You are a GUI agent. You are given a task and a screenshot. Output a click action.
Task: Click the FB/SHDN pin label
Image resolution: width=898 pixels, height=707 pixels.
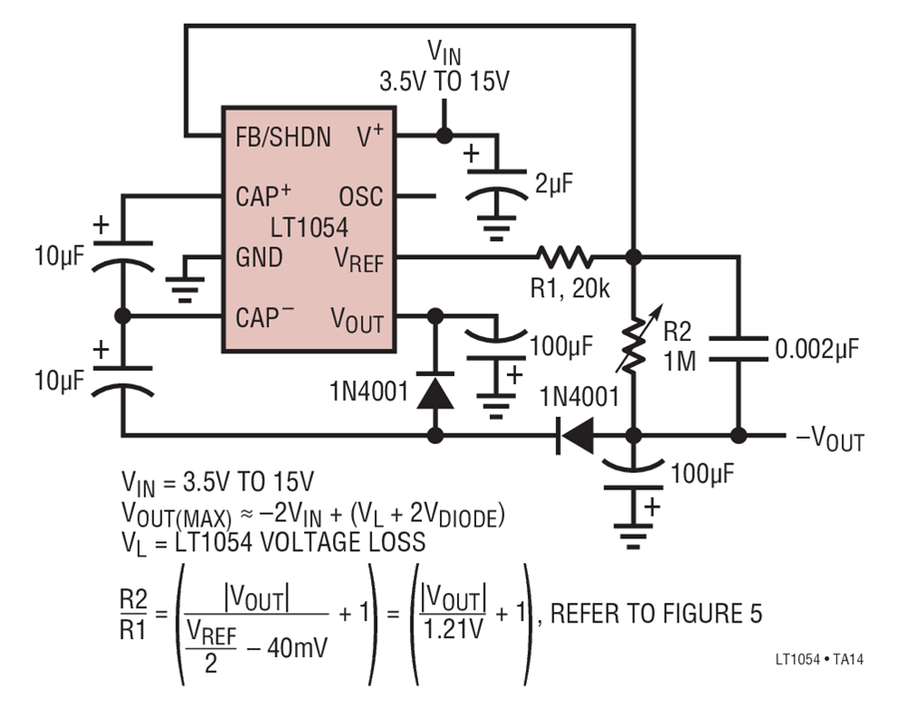pyautogui.click(x=283, y=138)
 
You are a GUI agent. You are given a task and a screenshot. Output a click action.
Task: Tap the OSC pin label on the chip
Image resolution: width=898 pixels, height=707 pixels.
pyautogui.click(x=360, y=196)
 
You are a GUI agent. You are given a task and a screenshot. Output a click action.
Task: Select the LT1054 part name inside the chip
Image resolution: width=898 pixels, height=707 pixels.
pyautogui.click(x=308, y=227)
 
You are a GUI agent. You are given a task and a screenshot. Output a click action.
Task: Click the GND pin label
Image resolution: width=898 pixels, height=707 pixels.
pyautogui.click(x=258, y=257)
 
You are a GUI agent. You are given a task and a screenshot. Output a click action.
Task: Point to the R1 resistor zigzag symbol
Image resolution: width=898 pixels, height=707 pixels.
pyautogui.click(x=565, y=257)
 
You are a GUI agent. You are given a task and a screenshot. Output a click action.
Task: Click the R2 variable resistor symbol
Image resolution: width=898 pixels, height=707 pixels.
pyautogui.click(x=637, y=341)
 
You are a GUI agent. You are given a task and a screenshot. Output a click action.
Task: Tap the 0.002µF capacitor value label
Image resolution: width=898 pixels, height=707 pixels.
pyautogui.click(x=817, y=349)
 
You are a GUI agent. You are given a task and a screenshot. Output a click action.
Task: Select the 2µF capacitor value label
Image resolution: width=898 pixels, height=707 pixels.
pyautogui.click(x=554, y=183)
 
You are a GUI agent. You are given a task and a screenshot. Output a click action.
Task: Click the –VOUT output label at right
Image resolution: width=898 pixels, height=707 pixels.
pyautogui.click(x=830, y=440)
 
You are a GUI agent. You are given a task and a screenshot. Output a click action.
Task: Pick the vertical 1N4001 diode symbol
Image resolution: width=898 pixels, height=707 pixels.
pyautogui.click(x=435, y=391)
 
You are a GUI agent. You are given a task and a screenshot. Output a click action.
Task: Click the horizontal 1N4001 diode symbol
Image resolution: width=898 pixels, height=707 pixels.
pyautogui.click(x=576, y=435)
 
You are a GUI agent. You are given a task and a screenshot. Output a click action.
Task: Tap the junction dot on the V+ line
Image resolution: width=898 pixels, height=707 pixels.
pyautogui.click(x=444, y=136)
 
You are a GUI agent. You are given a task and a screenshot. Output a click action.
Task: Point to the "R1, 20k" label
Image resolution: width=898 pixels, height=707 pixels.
pyautogui.click(x=570, y=288)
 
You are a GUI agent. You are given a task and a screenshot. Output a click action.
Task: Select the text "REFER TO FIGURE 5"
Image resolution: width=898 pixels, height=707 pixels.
pyautogui.click(x=657, y=613)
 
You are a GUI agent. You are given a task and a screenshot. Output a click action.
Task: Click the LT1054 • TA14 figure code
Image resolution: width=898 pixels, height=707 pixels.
pyautogui.click(x=819, y=659)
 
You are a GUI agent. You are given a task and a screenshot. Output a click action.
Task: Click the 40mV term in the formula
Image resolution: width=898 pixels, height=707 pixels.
pyautogui.click(x=297, y=648)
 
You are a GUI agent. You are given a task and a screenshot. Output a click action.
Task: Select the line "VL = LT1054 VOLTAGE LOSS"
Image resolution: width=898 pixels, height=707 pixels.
pyautogui.click(x=273, y=542)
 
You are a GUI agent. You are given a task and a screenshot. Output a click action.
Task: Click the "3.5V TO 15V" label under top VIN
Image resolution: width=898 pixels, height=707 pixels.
pyautogui.click(x=444, y=82)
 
